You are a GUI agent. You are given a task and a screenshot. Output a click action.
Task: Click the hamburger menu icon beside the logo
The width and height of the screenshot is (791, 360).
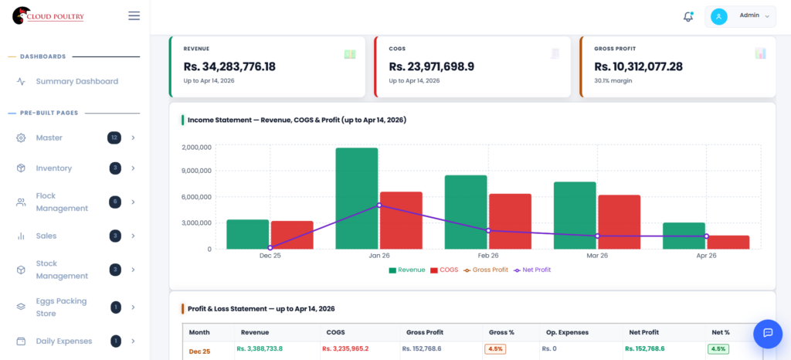(134, 15)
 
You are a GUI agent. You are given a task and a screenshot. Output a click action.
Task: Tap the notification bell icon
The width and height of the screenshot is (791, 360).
(687, 16)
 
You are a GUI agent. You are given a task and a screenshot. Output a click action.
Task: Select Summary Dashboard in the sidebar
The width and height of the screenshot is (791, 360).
(76, 81)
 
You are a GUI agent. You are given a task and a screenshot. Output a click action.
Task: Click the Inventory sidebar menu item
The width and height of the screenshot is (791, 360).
(53, 168)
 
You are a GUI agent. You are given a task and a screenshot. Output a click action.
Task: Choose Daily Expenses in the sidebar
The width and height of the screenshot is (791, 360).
(63, 341)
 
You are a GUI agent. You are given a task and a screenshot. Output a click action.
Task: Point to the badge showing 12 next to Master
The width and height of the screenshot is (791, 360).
(114, 138)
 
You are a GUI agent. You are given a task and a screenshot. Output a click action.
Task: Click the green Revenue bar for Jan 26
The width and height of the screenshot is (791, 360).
(356, 199)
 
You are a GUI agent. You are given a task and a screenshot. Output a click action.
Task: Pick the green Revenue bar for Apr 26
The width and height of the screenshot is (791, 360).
(684, 236)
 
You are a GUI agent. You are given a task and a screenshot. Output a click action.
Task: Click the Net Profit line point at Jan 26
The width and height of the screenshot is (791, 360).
(379, 205)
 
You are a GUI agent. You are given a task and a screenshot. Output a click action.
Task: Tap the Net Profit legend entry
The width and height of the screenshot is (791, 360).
(532, 270)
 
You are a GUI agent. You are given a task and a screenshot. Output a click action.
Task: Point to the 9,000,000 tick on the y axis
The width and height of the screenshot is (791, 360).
(196, 171)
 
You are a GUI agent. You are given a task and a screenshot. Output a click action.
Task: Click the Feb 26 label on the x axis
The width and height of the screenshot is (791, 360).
(488, 255)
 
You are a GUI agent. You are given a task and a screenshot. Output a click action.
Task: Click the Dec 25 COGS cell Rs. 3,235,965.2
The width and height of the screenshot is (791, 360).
(345, 349)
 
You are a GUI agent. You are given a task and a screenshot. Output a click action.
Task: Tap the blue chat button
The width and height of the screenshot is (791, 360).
(768, 333)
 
